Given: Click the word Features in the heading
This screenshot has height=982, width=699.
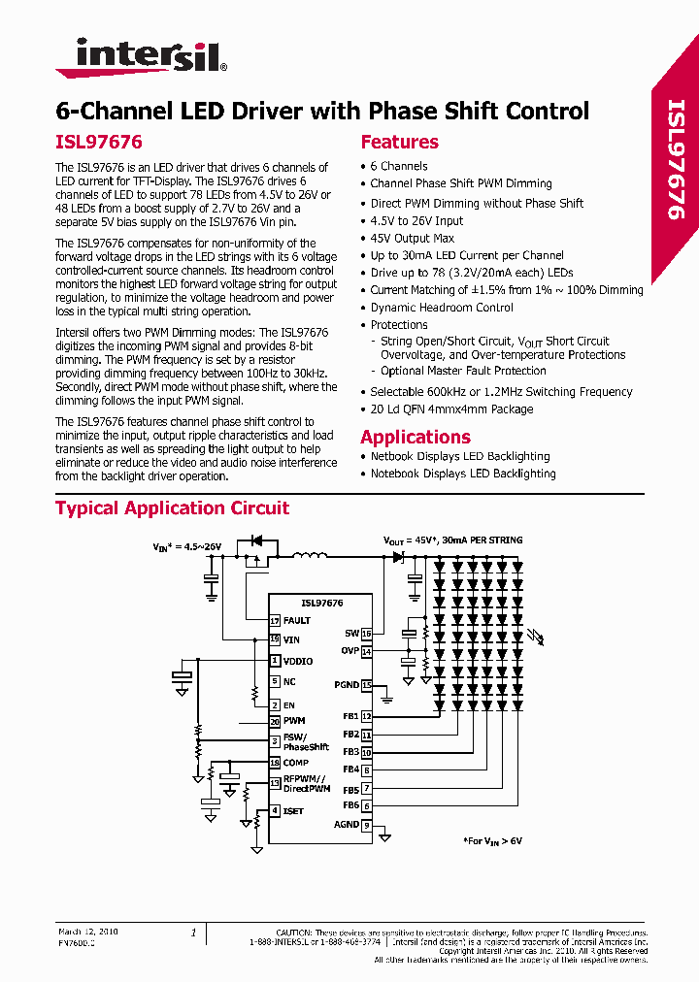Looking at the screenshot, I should click(399, 142).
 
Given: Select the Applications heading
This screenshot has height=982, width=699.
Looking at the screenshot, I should click(415, 437).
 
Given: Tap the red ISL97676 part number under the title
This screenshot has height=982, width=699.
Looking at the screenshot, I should click(98, 142).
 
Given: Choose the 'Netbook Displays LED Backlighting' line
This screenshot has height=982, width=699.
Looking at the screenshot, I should click(459, 456).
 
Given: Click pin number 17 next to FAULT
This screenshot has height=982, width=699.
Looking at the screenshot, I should click(276, 620).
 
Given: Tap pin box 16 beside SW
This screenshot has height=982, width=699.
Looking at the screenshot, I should click(366, 633).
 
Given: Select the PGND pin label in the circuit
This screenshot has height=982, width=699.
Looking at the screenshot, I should click(347, 685).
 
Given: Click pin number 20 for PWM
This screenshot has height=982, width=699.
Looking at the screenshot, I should click(276, 721).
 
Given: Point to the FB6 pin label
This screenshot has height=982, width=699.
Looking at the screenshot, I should click(350, 805).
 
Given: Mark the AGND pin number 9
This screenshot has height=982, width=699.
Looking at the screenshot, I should click(366, 825).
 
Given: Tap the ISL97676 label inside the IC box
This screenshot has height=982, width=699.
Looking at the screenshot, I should click(321, 603).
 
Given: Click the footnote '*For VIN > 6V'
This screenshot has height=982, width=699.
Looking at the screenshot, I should click(492, 841).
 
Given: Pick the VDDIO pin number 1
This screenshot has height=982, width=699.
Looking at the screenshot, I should click(276, 661).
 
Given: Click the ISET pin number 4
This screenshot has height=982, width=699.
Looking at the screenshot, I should click(276, 810).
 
